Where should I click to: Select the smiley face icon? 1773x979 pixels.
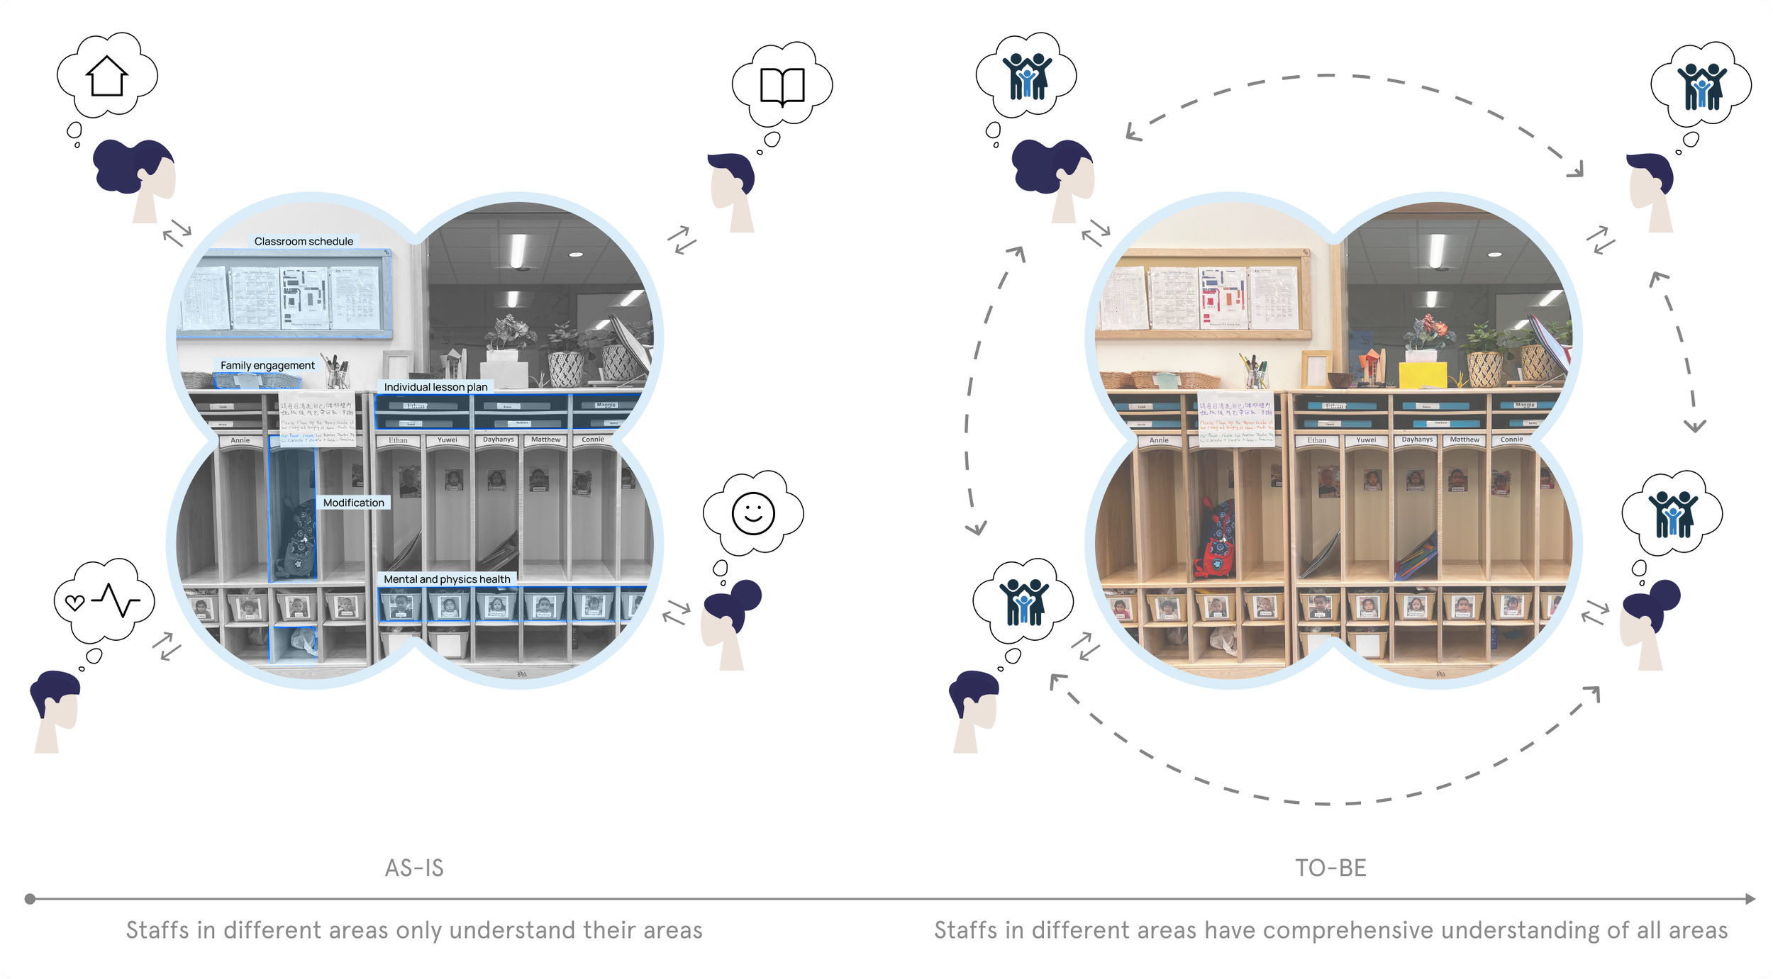pos(753,513)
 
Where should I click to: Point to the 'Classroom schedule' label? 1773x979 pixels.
pos(304,242)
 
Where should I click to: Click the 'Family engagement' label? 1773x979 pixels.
pos(267,366)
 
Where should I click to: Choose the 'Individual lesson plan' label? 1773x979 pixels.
pos(435,387)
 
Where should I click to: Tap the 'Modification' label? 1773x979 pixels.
pos(353,503)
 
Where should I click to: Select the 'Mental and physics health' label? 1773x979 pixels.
pos(447,579)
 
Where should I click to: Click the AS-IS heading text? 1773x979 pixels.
pos(414,868)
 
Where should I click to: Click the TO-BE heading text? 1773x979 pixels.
pos(1330,868)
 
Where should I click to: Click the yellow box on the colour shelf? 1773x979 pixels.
pos(1422,374)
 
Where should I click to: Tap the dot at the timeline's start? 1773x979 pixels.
pos(30,899)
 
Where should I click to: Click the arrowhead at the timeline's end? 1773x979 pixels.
pos(1750,899)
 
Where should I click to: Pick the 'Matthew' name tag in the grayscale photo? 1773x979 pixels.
pos(545,440)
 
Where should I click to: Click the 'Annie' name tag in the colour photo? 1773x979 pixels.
pos(1159,440)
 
